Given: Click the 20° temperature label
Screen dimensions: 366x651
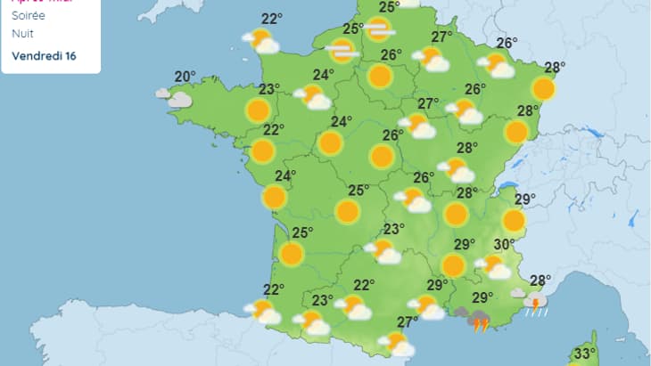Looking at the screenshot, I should [x=185, y=77].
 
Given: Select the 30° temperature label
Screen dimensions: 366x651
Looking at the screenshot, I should [x=505, y=245].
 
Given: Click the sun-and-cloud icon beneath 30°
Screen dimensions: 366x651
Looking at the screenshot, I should [x=493, y=265].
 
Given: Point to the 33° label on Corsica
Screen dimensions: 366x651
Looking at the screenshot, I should [x=585, y=354].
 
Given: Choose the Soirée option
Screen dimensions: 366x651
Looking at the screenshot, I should [x=29, y=16].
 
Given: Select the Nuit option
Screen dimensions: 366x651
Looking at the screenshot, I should [x=23, y=34].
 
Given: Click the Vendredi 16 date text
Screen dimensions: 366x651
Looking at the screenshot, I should [x=44, y=55].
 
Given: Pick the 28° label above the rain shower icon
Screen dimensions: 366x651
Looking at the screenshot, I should [x=540, y=281].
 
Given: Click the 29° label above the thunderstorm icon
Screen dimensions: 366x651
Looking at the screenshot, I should [x=482, y=297].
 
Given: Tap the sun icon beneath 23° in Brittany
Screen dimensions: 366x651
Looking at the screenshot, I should [x=258, y=110].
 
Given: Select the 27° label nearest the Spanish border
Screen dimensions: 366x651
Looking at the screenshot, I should [x=408, y=321].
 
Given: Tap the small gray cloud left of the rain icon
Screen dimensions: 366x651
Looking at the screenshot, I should [x=518, y=292].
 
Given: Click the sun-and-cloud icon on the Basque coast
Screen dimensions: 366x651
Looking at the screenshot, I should [x=264, y=312].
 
